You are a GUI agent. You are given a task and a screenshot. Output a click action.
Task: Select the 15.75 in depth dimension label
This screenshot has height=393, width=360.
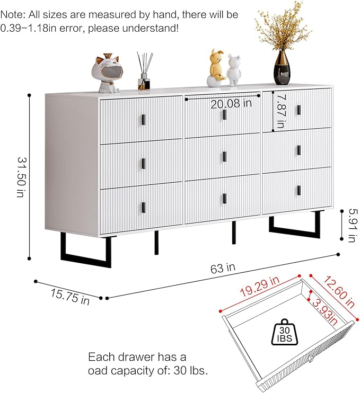click(71, 297)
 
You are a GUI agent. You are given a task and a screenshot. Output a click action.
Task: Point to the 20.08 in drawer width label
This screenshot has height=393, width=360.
click(231, 104)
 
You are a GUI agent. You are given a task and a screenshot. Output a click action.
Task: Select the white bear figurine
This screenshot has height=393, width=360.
click(234, 69)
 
